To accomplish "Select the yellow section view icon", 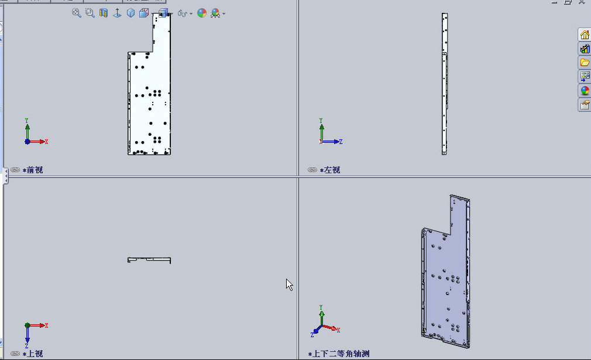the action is (103, 13).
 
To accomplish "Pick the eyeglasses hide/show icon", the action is (183, 14).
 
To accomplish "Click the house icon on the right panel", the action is (585, 35).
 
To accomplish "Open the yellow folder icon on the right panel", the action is (585, 62).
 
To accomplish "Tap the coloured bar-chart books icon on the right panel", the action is (585, 49).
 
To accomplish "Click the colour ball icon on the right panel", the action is (585, 91).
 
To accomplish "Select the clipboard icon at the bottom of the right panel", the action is (585, 105).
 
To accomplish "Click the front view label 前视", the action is (35, 170).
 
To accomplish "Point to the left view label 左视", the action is (332, 170).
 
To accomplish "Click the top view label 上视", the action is (35, 354).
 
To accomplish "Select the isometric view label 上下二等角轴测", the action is (341, 354).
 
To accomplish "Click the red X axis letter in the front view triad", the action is (46, 142).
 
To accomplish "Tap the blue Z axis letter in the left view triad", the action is (341, 142).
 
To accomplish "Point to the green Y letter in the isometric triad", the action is (321, 307).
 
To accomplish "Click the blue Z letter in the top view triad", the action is (27, 346).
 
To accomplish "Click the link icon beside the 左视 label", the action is (312, 170).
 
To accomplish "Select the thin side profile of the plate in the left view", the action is (445, 84).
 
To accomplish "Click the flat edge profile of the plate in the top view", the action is (149, 259).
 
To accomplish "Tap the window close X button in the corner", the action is (582, 2).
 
